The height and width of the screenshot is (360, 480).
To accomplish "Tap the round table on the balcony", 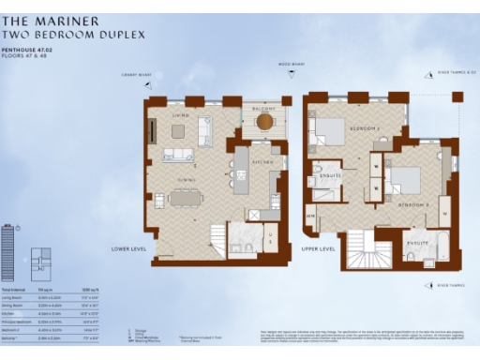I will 265,121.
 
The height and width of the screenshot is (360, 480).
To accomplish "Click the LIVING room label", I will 180,115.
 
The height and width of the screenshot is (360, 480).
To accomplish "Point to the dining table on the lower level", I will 184,198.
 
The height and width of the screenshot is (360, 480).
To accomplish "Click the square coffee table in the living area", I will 177,132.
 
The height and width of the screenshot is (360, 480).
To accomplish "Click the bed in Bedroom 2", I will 406,178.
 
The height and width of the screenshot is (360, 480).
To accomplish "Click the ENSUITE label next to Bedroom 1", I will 330,175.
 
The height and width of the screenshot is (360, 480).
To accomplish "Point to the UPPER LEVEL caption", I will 319,249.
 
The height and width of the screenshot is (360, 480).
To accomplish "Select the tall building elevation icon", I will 8,249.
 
